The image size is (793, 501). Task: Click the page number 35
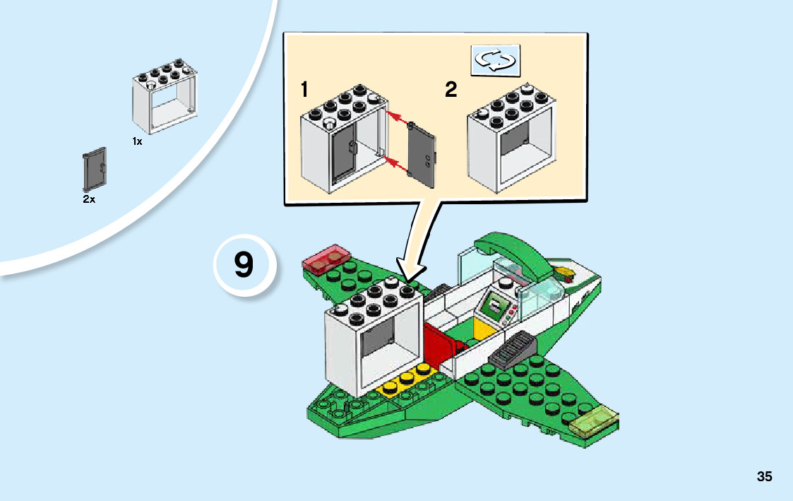tap(764, 476)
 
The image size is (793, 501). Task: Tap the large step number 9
tap(244, 264)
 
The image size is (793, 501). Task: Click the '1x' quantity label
tap(137, 142)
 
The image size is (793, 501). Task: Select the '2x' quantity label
tap(89, 199)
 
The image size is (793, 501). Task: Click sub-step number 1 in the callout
tap(304, 89)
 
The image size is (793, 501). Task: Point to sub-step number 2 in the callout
tap(451, 90)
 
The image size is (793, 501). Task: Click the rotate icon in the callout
tap(495, 60)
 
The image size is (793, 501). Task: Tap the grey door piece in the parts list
tap(95, 170)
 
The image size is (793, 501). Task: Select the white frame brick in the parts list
tap(165, 96)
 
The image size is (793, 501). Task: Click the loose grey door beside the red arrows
tap(422, 155)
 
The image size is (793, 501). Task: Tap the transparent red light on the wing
tap(327, 259)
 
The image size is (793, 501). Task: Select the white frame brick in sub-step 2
tap(511, 138)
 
